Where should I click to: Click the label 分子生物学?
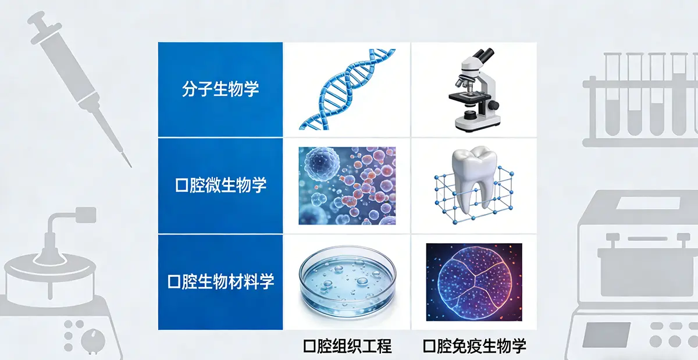point(220,90)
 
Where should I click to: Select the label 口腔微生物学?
point(220,186)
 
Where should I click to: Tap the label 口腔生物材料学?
point(220,282)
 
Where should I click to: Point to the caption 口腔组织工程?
point(347,347)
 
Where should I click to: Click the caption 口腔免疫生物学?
point(474,347)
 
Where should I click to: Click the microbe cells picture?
point(347,186)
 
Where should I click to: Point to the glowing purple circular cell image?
point(474,282)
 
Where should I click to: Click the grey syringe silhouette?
point(79,81)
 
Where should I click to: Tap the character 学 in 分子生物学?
point(251,90)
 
